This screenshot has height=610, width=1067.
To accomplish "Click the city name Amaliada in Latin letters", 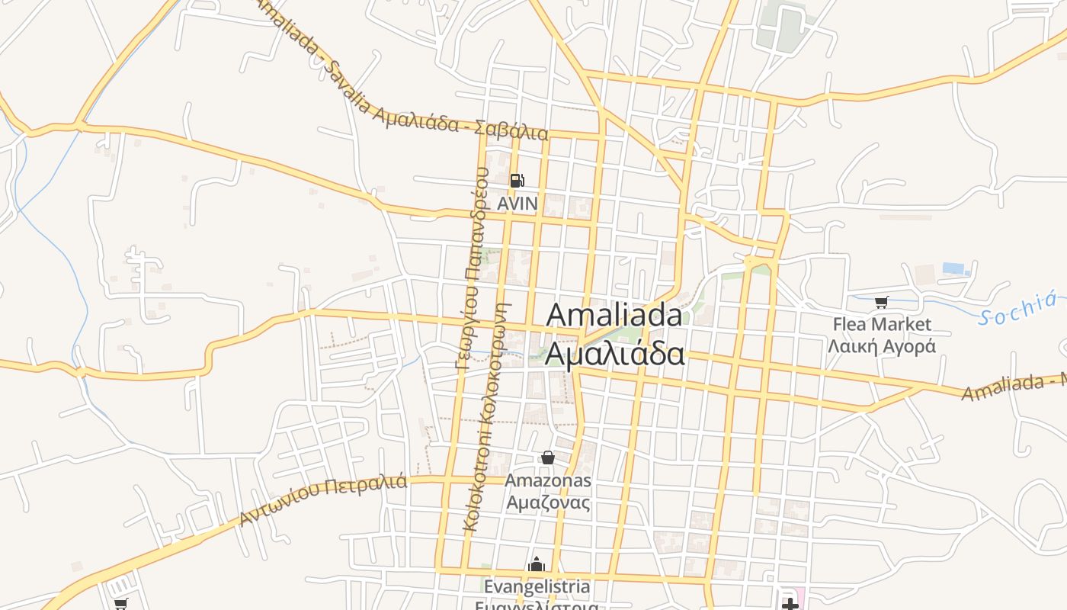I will click(x=614, y=315).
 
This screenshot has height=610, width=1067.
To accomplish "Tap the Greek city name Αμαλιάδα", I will click(x=614, y=355).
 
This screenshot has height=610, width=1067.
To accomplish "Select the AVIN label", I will click(x=517, y=204).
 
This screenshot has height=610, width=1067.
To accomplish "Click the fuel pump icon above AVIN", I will click(x=517, y=181).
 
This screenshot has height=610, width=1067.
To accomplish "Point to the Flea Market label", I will click(x=882, y=324).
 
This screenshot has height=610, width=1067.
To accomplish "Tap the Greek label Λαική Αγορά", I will click(x=882, y=346).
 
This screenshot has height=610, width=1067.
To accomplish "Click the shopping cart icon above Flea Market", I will click(x=882, y=302).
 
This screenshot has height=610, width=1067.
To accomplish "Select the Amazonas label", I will click(x=548, y=480).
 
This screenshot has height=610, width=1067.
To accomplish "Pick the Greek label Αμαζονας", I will click(x=548, y=502).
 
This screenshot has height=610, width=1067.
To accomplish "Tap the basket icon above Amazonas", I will click(x=547, y=457).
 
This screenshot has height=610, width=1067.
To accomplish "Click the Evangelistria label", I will click(x=537, y=586).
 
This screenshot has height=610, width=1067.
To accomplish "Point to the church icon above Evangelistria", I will click(x=537, y=565).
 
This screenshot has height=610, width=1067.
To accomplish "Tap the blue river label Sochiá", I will click(x=1021, y=308).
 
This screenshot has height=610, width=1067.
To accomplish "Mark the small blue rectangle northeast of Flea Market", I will click(x=953, y=268).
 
